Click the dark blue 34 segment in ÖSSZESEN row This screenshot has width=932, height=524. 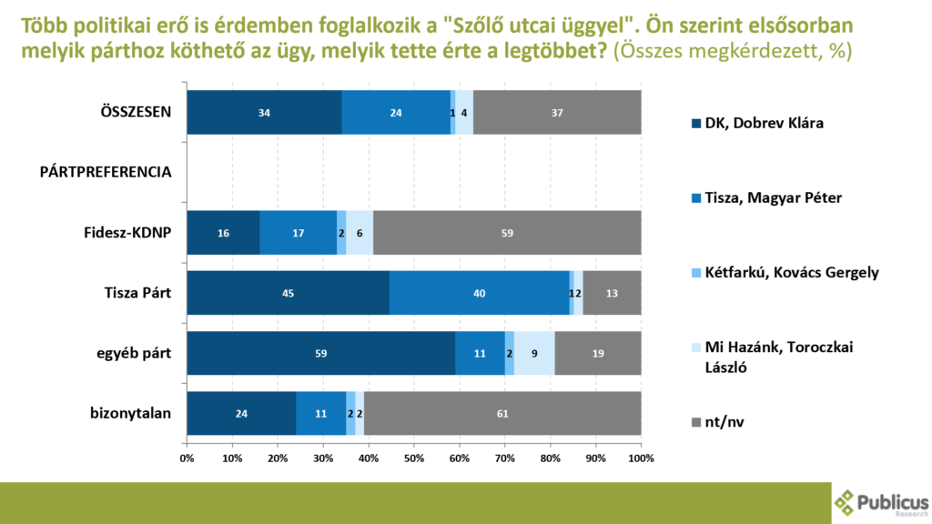pyautogui.click(x=264, y=113)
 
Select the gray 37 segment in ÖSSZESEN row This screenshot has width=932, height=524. pyautogui.click(x=557, y=113)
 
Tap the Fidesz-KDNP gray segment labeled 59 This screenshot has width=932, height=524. pyautogui.click(x=507, y=233)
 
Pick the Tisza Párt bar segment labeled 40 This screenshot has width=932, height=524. pyautogui.click(x=479, y=293)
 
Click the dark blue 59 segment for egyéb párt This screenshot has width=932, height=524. pyautogui.click(x=320, y=353)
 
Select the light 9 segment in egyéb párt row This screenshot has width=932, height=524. pyautogui.click(x=534, y=353)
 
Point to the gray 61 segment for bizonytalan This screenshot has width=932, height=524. pyautogui.click(x=502, y=413)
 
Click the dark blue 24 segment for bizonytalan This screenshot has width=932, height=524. pyautogui.click(x=241, y=413)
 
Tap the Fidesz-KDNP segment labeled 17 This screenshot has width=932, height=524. pyautogui.click(x=298, y=233)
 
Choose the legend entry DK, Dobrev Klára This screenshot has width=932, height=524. pyautogui.click(x=757, y=124)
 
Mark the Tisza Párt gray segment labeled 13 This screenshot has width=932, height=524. pyautogui.click(x=612, y=293)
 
